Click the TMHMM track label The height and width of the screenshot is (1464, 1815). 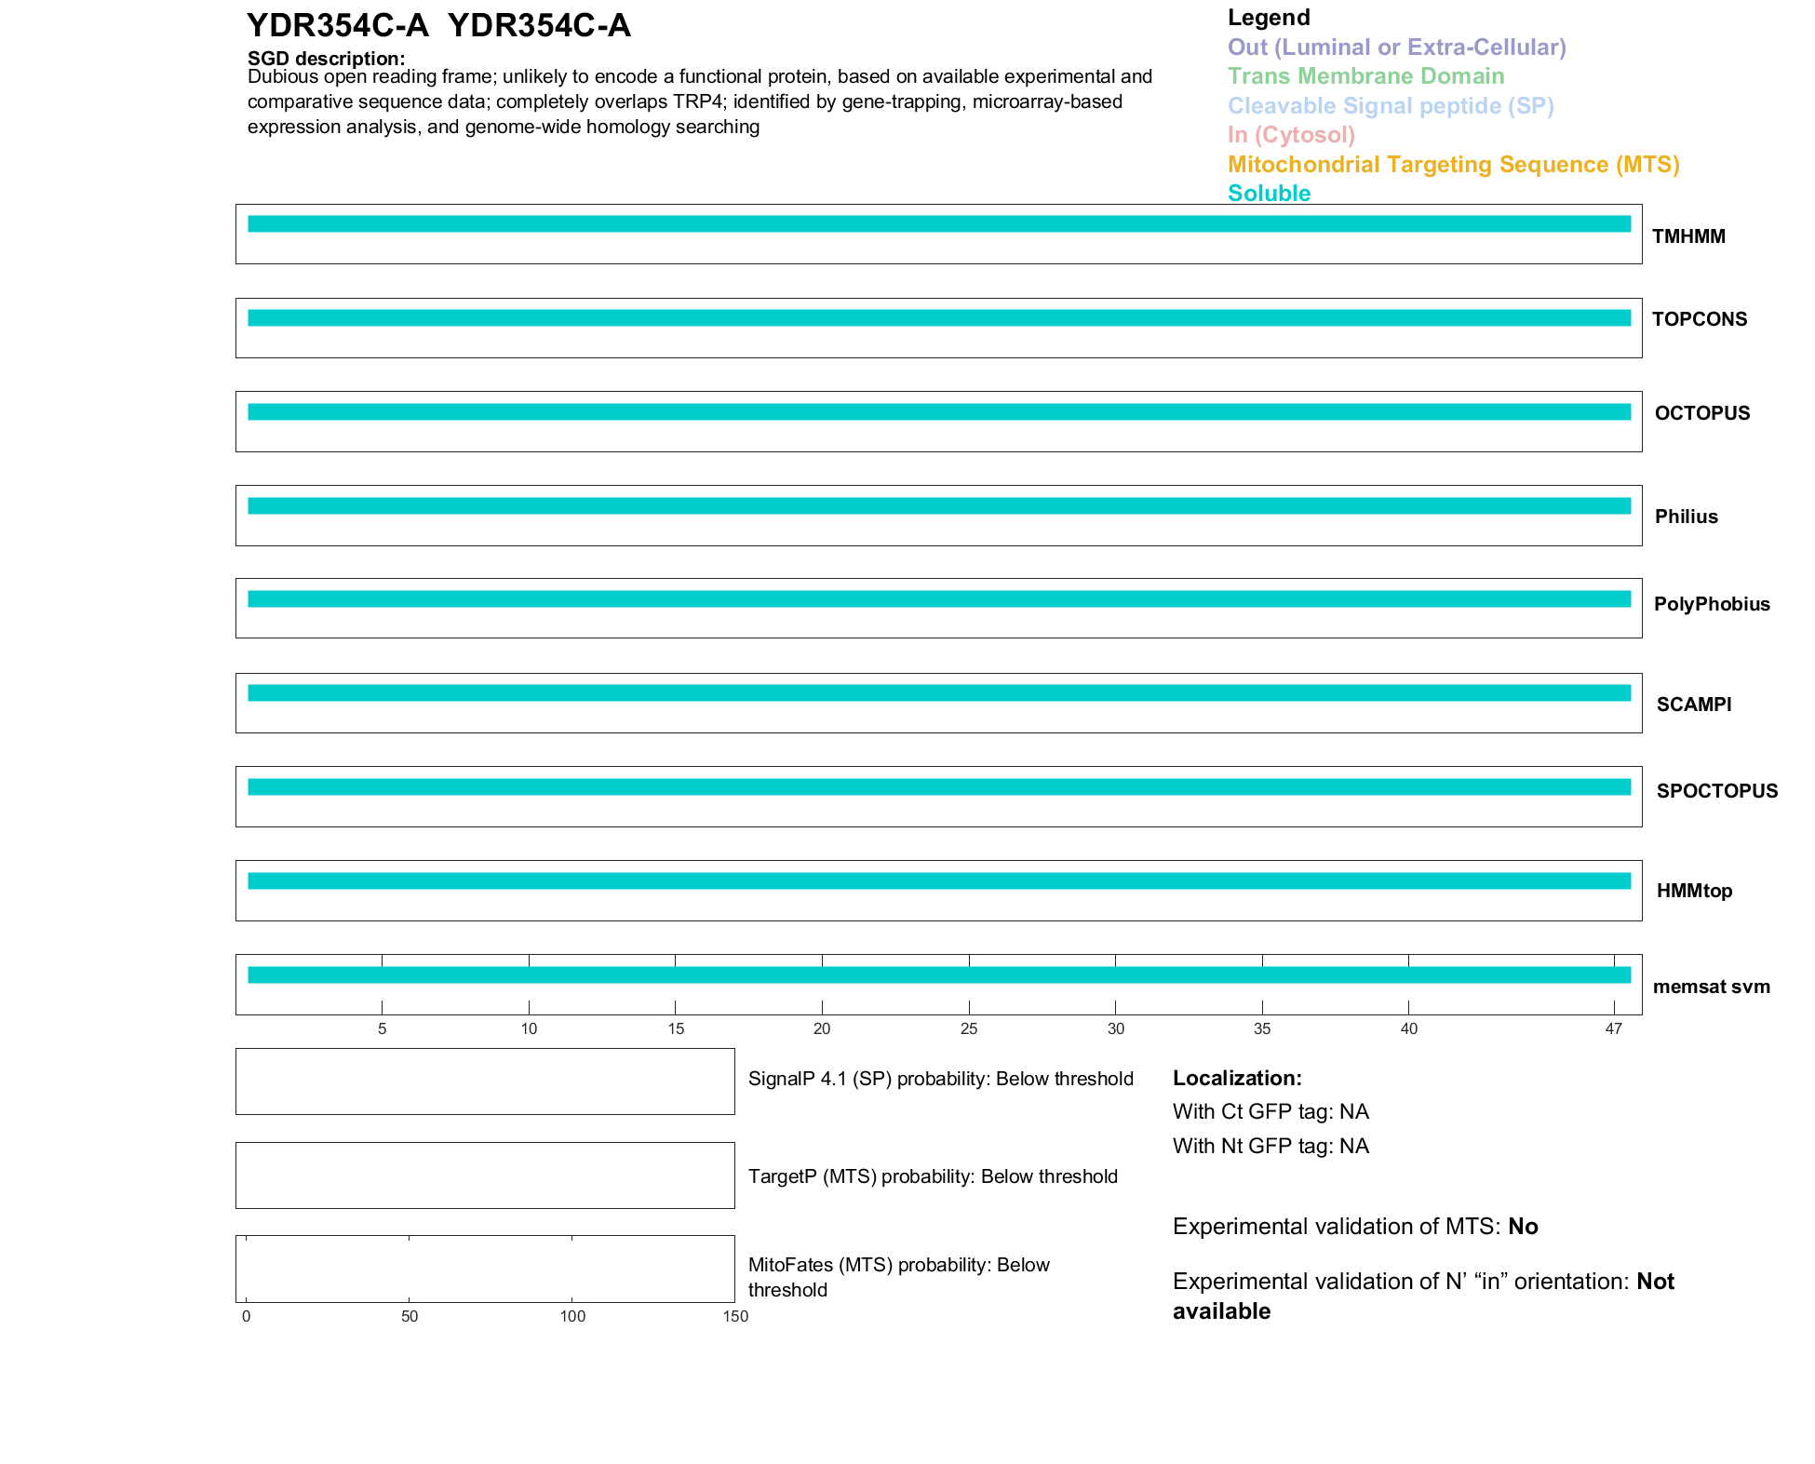(x=1687, y=236)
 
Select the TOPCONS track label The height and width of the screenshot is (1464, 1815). (x=1699, y=319)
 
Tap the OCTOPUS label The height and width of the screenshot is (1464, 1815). (x=1701, y=413)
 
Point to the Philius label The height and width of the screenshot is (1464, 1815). (x=1686, y=517)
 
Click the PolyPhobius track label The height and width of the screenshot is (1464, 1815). (x=1711, y=604)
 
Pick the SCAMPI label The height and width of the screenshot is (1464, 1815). (x=1693, y=705)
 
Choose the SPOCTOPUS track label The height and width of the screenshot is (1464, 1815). (x=1716, y=791)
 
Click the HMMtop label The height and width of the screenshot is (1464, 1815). (x=1694, y=891)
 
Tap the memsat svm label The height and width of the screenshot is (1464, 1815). (x=1711, y=987)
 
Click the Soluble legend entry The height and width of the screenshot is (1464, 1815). (x=1269, y=194)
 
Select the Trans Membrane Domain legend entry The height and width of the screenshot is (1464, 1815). (x=1365, y=76)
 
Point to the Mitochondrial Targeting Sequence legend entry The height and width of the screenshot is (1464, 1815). (x=1453, y=165)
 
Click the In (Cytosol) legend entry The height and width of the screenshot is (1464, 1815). (x=1291, y=135)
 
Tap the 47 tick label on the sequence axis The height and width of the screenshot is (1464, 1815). (x=1613, y=1028)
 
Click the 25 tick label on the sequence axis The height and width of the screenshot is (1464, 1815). (x=969, y=1028)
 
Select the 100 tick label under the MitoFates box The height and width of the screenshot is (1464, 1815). (x=572, y=1316)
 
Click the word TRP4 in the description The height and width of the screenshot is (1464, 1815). (x=698, y=101)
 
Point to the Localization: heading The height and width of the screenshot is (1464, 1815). (x=1237, y=1078)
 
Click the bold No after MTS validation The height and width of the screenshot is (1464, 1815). (x=1523, y=1227)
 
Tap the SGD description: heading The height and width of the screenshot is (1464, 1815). (x=326, y=59)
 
